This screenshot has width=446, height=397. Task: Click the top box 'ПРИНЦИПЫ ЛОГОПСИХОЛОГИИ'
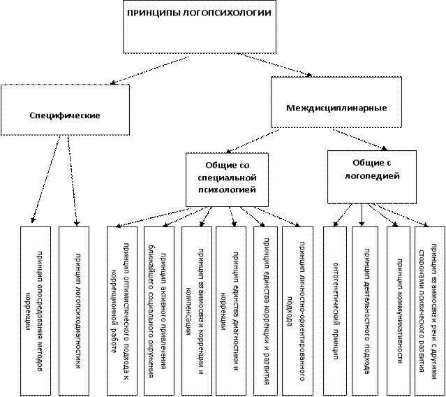click(x=199, y=27)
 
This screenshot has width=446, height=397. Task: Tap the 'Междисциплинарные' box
click(x=336, y=108)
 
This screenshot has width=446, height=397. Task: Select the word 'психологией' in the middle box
click(x=227, y=189)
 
